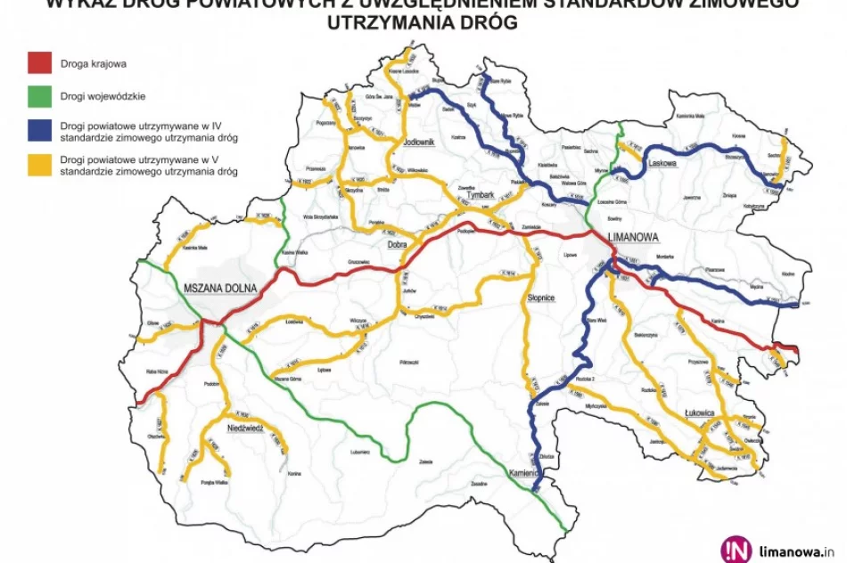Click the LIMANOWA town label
[632, 238]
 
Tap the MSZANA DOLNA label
[220, 290]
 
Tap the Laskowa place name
[664, 164]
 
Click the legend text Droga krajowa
[93, 63]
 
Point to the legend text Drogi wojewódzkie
[103, 94]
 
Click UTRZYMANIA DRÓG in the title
[423, 23]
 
